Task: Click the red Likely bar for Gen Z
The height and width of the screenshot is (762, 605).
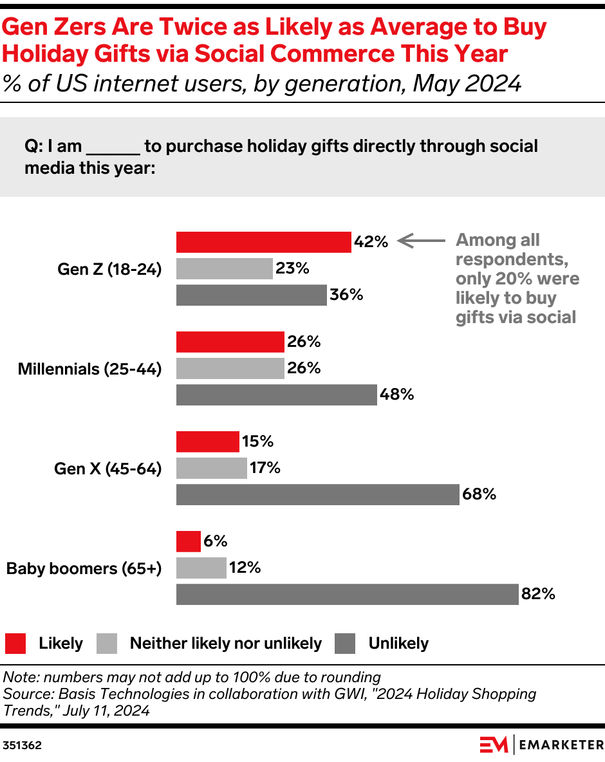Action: click(263, 242)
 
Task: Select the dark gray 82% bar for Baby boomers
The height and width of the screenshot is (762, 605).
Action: click(347, 594)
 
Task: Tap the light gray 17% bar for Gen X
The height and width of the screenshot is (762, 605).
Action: click(211, 468)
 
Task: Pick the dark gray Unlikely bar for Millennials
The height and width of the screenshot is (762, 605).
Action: click(276, 395)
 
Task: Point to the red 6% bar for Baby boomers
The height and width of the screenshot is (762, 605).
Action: click(188, 541)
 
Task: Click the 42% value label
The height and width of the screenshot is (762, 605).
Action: click(371, 242)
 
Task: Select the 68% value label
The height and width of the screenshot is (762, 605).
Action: click(479, 494)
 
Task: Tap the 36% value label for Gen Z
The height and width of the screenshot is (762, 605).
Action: click(346, 295)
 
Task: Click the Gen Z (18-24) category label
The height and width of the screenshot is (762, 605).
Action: click(109, 269)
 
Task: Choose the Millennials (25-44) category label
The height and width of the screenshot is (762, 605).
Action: click(89, 369)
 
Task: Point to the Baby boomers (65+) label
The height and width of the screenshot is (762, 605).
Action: click(84, 568)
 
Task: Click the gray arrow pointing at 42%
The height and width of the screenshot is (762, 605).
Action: click(421, 241)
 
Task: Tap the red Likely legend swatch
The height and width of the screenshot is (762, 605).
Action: click(15, 643)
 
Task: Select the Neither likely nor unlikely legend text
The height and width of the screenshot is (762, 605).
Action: click(225, 643)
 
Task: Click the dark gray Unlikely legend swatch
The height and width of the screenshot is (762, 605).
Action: click(345, 643)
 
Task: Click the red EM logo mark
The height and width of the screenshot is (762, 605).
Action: click(494, 745)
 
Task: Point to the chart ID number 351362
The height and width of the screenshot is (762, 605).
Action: click(23, 745)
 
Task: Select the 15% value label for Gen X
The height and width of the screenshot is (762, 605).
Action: click(258, 441)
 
